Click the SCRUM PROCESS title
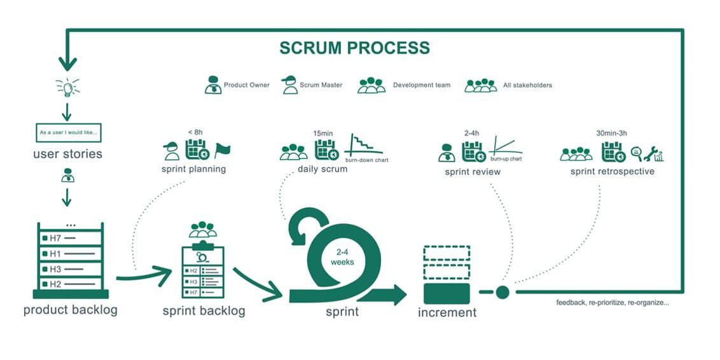pos(354,48)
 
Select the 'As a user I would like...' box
pos(67,133)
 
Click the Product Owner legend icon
pos(213,85)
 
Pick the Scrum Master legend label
pos(321,85)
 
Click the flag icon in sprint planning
pos(222,151)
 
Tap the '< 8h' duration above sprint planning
pos(195,132)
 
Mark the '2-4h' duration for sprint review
pos(472,133)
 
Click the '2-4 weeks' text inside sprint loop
pos(342,258)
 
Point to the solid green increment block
pos(447,293)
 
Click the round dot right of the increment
pos(502,292)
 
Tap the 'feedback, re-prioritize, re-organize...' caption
pos(612,303)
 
